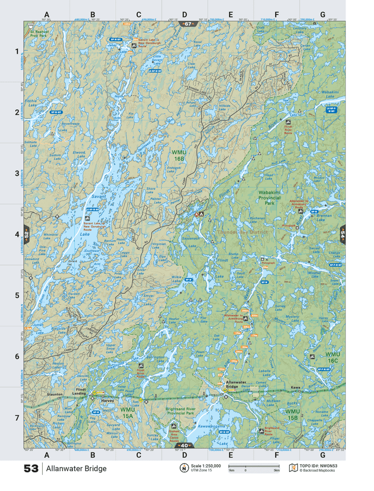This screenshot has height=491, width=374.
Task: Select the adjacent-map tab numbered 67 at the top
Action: click(x=187, y=23)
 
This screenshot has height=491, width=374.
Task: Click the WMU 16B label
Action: click(x=179, y=155)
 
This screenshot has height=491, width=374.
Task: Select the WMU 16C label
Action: click(x=333, y=357)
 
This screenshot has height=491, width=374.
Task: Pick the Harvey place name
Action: click(x=106, y=401)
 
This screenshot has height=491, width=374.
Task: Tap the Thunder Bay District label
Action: click(x=239, y=232)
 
